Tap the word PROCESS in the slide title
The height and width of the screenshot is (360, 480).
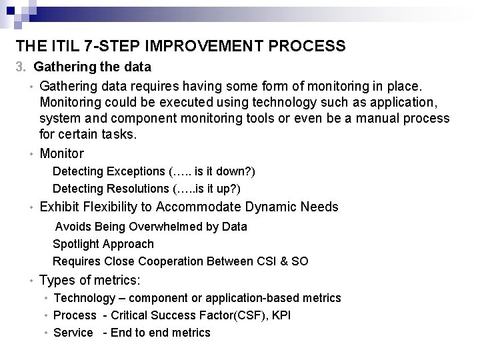311,46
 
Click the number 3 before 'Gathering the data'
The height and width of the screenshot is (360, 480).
21,67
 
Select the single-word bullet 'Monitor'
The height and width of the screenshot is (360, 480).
62,153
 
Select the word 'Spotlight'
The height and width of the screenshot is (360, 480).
76,244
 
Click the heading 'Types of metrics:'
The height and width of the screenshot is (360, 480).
89,281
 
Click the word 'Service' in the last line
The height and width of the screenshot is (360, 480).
73,333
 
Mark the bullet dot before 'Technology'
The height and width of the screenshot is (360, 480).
45,299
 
